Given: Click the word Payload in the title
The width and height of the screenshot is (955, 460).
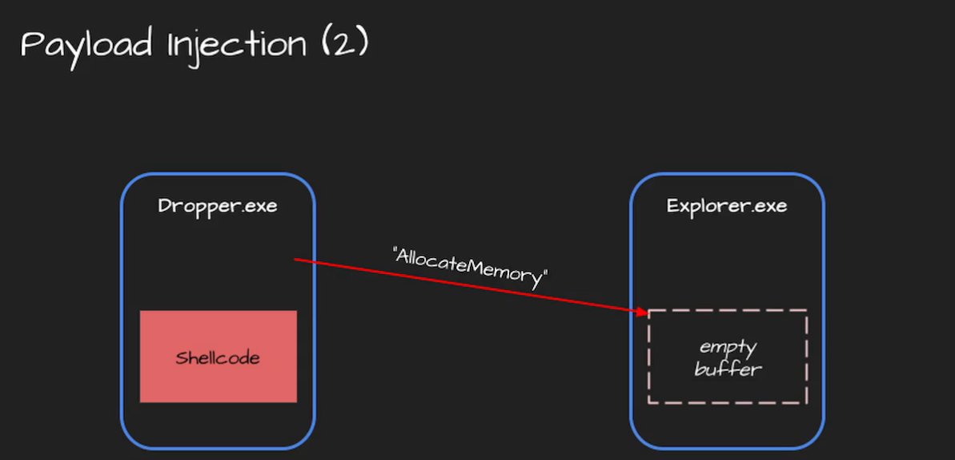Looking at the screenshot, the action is click(x=86, y=45).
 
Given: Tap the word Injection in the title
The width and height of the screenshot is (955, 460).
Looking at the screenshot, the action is click(x=236, y=45).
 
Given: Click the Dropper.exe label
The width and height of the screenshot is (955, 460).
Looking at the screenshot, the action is click(x=218, y=206).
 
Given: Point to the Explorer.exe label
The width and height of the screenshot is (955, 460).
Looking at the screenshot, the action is click(x=727, y=206).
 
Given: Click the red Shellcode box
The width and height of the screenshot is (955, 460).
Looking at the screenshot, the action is click(x=218, y=357).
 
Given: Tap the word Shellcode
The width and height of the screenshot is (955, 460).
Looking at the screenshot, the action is click(x=218, y=357).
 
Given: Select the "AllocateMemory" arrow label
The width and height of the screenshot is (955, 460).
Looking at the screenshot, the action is click(x=471, y=267).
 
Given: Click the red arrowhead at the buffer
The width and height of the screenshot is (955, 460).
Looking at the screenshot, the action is click(x=643, y=312).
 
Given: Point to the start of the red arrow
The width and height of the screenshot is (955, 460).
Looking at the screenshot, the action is click(x=295, y=260).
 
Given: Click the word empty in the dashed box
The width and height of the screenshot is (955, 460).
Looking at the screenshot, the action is click(x=728, y=348).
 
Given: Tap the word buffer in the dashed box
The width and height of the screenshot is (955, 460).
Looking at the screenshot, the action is click(x=728, y=369).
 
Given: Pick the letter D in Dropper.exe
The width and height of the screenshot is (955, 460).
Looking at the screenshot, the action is click(x=164, y=206).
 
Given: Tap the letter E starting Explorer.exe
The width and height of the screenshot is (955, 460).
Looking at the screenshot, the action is click(x=672, y=206).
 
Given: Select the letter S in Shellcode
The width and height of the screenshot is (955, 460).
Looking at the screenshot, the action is click(x=181, y=357).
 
